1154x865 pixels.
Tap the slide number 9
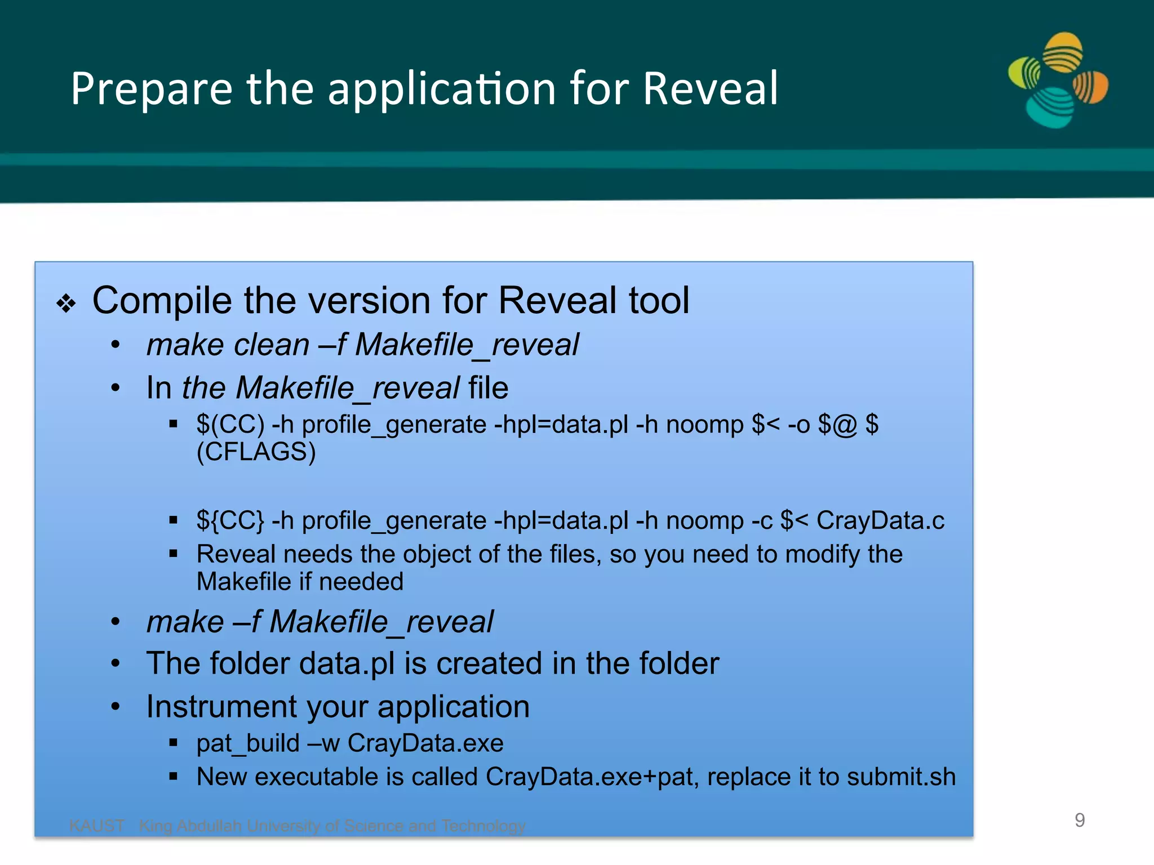pyautogui.click(x=1080, y=820)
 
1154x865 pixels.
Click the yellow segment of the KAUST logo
pyautogui.click(x=1062, y=52)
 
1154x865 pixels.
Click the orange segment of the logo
pyautogui.click(x=1091, y=88)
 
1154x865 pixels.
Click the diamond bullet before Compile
pyautogui.click(x=66, y=303)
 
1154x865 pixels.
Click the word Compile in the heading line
pyautogui.click(x=161, y=301)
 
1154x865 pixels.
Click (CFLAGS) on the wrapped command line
pyautogui.click(x=256, y=452)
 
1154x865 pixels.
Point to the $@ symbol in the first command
pyautogui.click(x=837, y=425)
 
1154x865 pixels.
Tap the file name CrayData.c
pyautogui.click(x=880, y=520)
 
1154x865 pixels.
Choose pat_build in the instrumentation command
pyautogui.click(x=248, y=743)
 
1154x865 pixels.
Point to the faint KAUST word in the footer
pyautogui.click(x=97, y=826)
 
